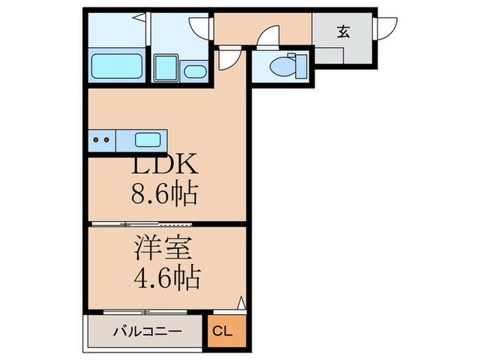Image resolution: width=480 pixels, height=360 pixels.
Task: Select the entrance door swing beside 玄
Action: (385, 28)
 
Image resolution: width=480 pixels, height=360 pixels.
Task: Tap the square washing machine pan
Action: (166, 69)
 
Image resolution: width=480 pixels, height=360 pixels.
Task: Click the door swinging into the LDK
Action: (228, 60)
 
